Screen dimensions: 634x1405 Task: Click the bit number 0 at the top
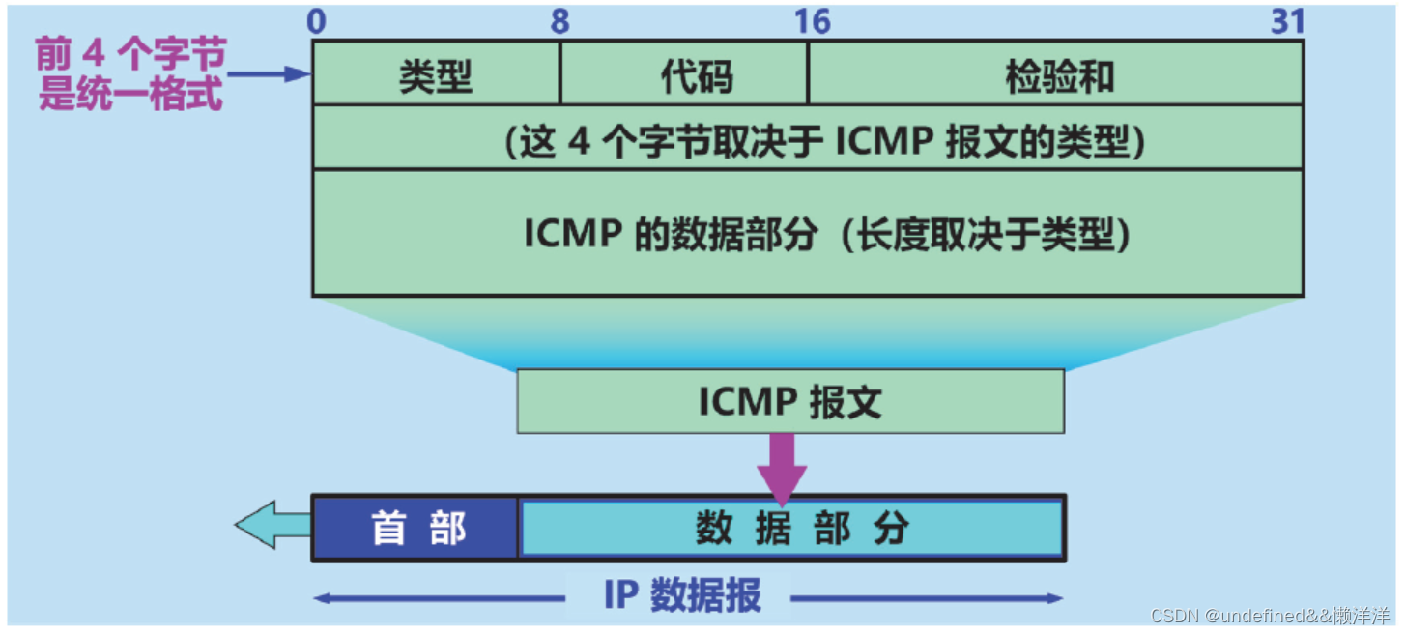[317, 21]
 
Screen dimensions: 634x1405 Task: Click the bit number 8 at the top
[560, 21]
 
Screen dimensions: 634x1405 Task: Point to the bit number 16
[812, 21]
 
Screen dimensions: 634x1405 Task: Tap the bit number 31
[1287, 21]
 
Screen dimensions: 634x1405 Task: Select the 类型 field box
[436, 73]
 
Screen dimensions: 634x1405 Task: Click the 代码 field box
[684, 73]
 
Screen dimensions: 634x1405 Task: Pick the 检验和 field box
[1055, 73]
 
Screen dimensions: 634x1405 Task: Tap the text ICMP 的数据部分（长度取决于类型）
[827, 234]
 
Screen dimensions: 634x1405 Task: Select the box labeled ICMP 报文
[790, 401]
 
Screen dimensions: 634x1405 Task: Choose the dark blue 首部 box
[416, 528]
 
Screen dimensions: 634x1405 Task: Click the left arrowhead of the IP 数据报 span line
[322, 598]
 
